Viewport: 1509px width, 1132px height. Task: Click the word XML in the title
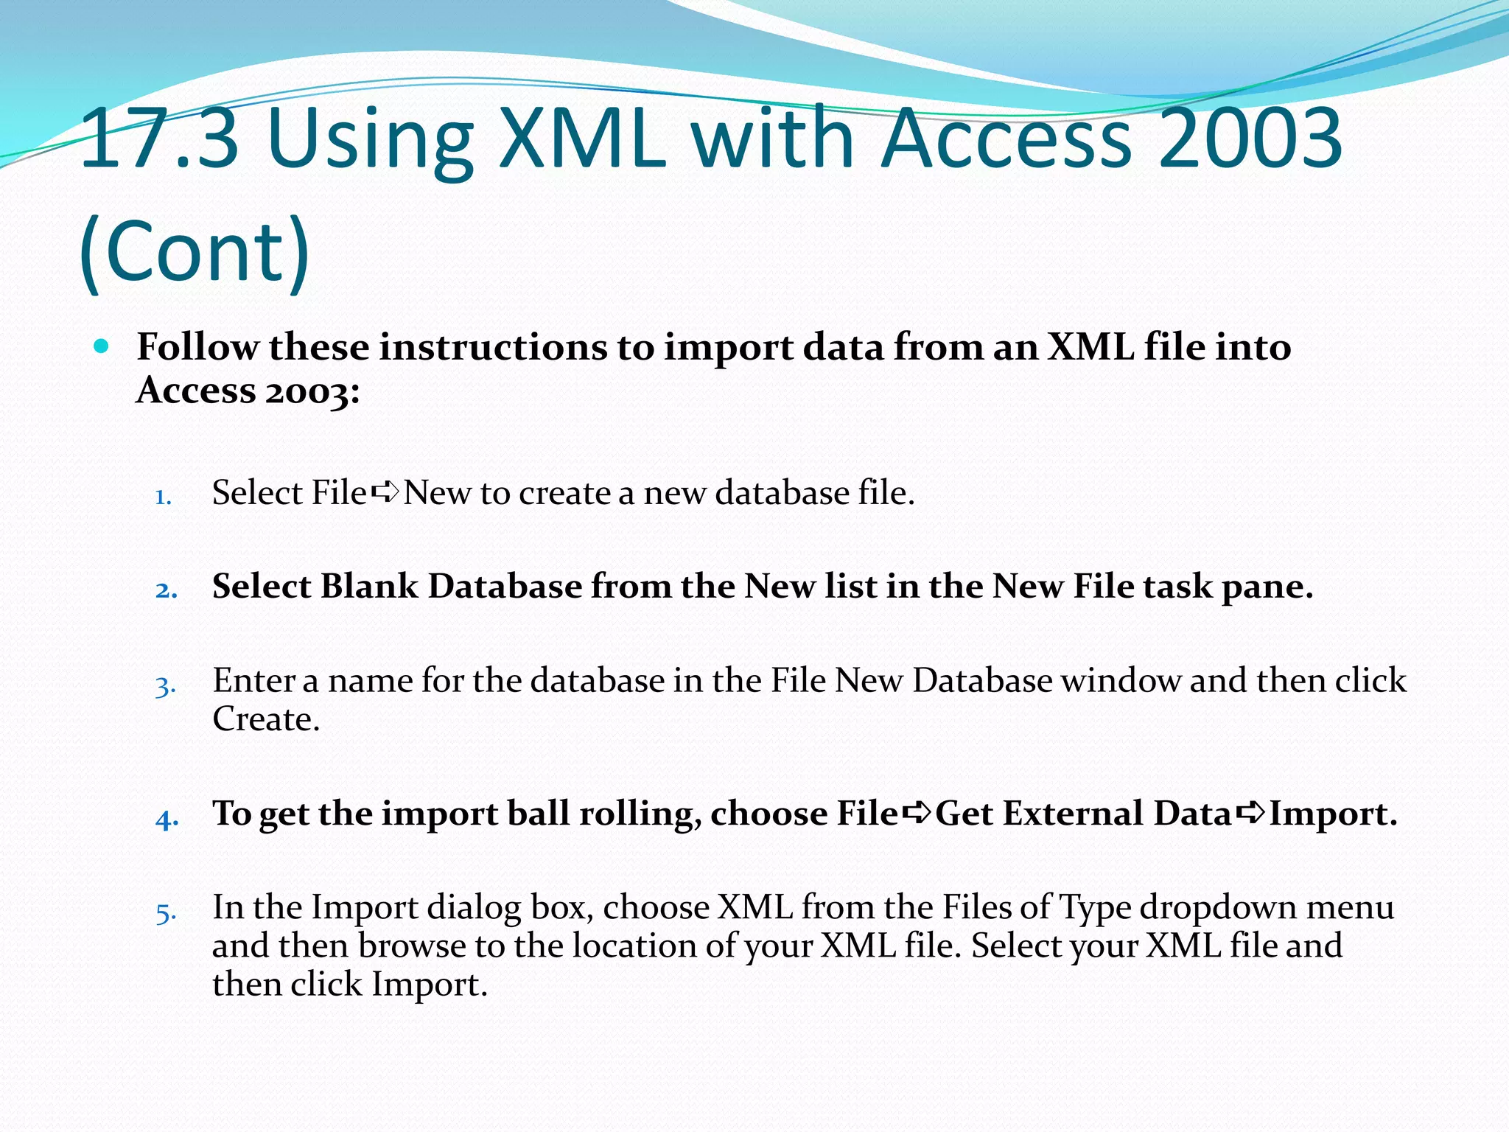tap(582, 138)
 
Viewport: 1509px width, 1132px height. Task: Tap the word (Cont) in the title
tap(195, 251)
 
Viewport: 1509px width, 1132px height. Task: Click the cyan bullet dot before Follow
tap(102, 346)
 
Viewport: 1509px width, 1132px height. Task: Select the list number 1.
tap(164, 497)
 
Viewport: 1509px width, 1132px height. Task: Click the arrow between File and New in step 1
tap(385, 492)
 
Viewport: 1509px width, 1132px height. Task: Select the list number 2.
tap(167, 590)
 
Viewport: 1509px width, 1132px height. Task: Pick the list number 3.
tap(166, 686)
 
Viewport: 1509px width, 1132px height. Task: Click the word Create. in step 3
tap(266, 719)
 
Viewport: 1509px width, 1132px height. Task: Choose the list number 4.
tap(167, 819)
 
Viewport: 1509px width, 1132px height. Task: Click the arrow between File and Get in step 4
tap(917, 813)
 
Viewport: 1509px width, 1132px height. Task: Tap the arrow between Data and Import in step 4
tap(1251, 813)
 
